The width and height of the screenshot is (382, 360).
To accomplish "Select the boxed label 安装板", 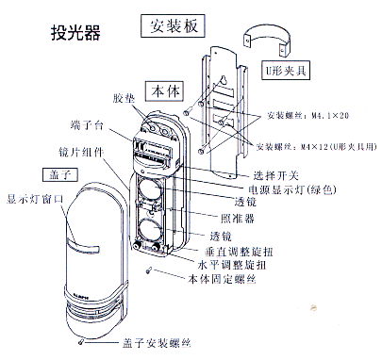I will tap(164, 26).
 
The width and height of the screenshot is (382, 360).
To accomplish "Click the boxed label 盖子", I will tap(49, 175).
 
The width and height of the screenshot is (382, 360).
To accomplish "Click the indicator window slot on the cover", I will tap(83, 247).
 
